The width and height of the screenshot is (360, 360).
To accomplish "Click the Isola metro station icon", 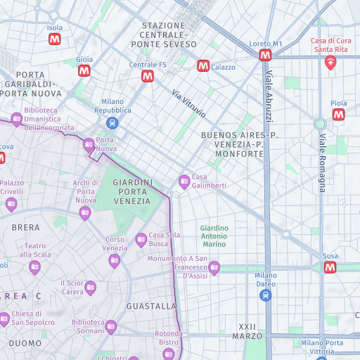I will (x=55, y=40).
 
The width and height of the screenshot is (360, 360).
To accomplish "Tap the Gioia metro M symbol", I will (x=84, y=71).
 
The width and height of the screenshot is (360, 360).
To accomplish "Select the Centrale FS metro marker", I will (x=148, y=76).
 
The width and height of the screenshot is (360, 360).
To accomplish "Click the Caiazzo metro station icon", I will (x=203, y=66).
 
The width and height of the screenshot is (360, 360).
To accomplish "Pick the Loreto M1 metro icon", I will (x=265, y=55).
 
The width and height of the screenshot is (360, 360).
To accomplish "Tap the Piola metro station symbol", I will (x=339, y=114).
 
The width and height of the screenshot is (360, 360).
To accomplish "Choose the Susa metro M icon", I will (x=330, y=267).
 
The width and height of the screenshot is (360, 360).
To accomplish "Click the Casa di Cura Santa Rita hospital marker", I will (x=330, y=63).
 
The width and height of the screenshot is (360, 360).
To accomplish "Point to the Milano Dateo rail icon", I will (x=265, y=296).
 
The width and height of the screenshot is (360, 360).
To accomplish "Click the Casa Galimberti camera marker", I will (x=185, y=181).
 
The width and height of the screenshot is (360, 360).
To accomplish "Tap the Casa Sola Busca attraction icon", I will (x=141, y=240).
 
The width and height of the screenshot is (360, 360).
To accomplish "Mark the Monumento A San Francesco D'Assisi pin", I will (x=214, y=267).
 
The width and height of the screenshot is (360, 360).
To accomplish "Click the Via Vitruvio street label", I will (x=189, y=103).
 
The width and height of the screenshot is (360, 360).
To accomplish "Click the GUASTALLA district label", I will (x=151, y=307).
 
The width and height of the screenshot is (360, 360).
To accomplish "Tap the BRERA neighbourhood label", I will (x=26, y=228).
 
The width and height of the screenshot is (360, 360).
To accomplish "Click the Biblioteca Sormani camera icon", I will (x=111, y=326).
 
